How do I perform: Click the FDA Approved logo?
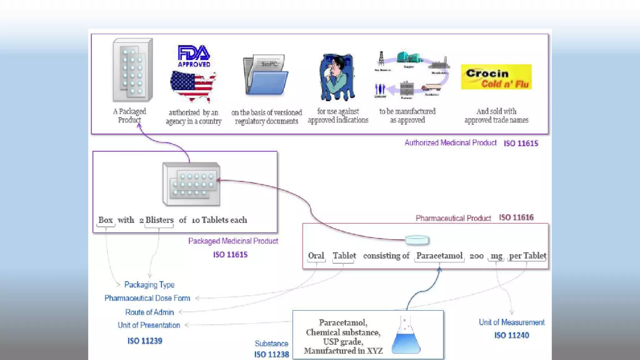(x=194, y=56)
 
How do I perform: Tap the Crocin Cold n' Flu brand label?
(x=496, y=77)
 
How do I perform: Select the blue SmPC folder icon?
(x=266, y=75)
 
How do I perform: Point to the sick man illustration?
(x=337, y=77)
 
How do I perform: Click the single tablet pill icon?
(x=417, y=240)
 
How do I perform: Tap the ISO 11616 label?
(x=516, y=217)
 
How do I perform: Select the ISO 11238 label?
(x=271, y=354)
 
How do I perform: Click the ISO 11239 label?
(x=145, y=341)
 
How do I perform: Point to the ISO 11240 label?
(x=512, y=335)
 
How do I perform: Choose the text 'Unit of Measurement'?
(x=512, y=322)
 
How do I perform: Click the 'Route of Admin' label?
(x=149, y=312)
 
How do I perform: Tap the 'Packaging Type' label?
(x=149, y=285)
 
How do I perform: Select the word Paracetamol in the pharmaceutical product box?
(x=439, y=256)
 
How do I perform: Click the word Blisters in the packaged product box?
(x=159, y=220)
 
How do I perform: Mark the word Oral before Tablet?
(x=316, y=256)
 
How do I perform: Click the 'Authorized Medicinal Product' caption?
(x=450, y=143)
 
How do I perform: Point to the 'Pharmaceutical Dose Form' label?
(x=147, y=298)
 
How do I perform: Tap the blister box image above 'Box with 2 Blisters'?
(x=191, y=184)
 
